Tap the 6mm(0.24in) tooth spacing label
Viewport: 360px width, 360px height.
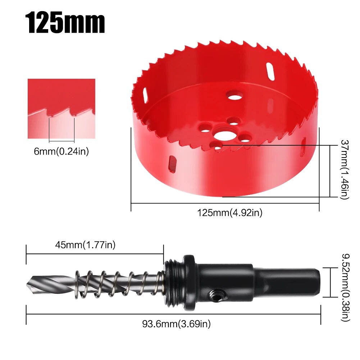[x=61, y=151]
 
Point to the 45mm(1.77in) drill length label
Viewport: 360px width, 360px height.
[x=85, y=245]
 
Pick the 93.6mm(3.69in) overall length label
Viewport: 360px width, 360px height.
[x=176, y=324]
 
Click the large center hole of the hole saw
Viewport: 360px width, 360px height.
[x=225, y=136]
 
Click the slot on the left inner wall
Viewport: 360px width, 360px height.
[x=145, y=96]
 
